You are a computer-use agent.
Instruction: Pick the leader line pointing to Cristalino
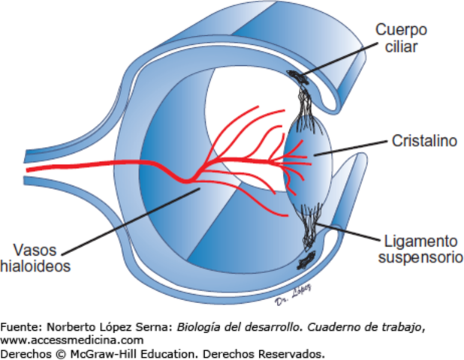coord(353,147)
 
